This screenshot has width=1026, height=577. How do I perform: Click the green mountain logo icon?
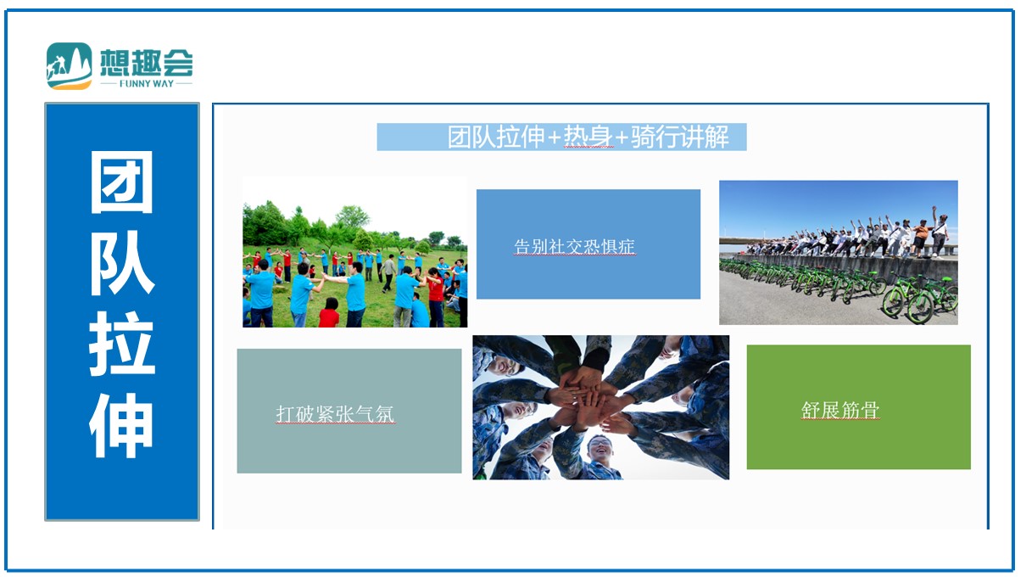point(70,65)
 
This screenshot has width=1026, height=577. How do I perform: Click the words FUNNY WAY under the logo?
point(147,83)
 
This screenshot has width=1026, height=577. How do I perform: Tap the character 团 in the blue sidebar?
point(122,182)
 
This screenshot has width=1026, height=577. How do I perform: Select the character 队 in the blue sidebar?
point(122,262)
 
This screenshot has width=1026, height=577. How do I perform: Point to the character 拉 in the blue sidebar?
point(122,344)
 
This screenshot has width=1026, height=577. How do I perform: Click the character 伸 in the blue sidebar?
point(121,425)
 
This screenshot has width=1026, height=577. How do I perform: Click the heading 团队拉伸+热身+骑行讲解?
point(588,137)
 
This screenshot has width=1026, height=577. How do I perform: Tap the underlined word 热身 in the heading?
point(588,137)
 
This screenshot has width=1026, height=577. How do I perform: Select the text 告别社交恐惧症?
point(574,247)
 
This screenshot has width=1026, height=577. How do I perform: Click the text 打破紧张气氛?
point(335,414)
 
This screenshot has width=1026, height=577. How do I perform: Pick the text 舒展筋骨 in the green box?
point(840,410)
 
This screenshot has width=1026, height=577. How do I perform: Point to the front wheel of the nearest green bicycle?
point(919,308)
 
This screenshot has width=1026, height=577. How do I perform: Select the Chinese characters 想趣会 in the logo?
point(147,63)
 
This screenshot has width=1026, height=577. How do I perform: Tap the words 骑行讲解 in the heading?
point(680,137)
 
